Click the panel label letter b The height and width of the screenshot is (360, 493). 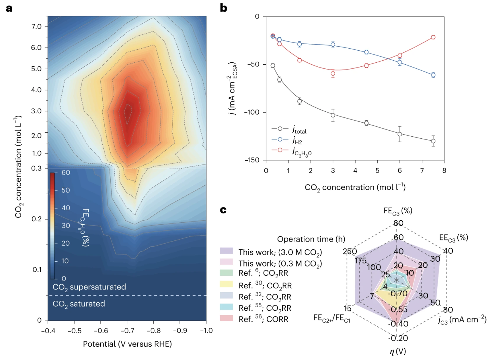pyautogui.click(x=224, y=8)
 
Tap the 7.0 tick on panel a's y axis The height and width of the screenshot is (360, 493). pyautogui.click(x=36, y=26)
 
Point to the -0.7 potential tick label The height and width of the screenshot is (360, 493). pyautogui.click(x=127, y=331)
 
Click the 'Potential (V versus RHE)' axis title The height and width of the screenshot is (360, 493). pyautogui.click(x=127, y=344)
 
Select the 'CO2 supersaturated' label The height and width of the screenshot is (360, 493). pyautogui.click(x=89, y=287)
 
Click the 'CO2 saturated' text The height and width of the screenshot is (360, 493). pyautogui.click(x=79, y=304)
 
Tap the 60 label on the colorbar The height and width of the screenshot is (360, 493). pyautogui.click(x=66, y=172)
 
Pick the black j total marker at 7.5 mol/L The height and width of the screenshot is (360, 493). pyautogui.click(x=433, y=141)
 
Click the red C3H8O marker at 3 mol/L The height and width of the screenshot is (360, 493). pyautogui.click(x=333, y=74)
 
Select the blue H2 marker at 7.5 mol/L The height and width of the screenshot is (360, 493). pyautogui.click(x=433, y=75)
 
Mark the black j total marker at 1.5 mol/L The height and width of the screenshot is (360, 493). pyautogui.click(x=300, y=101)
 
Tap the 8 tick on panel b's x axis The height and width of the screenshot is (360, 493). pyautogui.click(x=444, y=171)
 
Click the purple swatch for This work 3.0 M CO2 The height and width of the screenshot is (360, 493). pyautogui.click(x=226, y=251)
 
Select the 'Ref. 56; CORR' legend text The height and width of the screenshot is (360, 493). pyautogui.click(x=263, y=319)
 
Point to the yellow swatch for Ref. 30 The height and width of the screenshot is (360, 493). pyautogui.click(x=226, y=284)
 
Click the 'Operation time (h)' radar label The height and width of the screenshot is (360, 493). pyautogui.click(x=311, y=239)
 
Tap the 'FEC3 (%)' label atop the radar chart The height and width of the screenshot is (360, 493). pyautogui.click(x=397, y=211)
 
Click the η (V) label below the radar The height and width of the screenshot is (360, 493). pyautogui.click(x=397, y=351)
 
